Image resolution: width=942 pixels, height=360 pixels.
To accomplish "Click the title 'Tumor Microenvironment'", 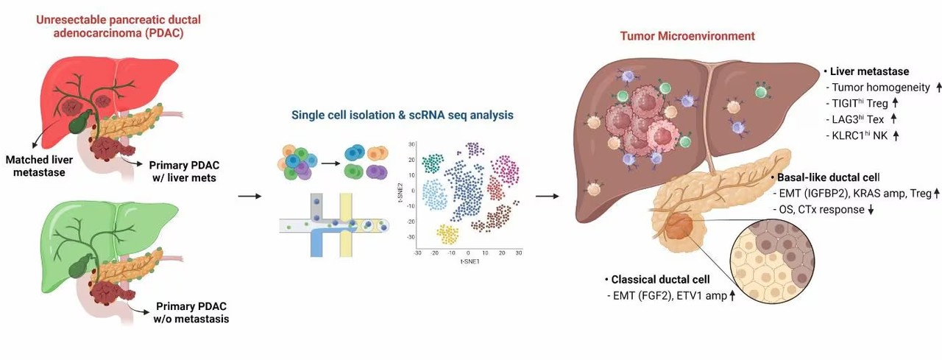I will tap(687, 35).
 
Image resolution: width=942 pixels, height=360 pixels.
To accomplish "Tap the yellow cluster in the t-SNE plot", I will tap(448, 235).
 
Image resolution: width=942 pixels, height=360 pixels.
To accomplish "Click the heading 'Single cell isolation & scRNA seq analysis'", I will tap(402, 115).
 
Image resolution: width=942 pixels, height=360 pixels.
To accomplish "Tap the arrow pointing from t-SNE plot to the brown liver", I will tap(545, 197).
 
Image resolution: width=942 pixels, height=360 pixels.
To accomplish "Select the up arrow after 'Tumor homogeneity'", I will tap(918, 88).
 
